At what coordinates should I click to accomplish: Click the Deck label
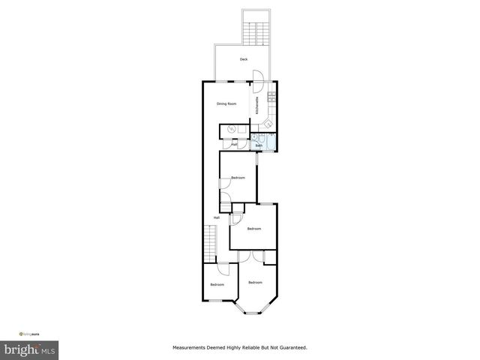243,59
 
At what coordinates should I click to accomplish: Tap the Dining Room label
226,103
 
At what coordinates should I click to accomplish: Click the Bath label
258,146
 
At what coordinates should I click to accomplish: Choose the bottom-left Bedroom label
217,284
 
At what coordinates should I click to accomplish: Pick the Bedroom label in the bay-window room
256,282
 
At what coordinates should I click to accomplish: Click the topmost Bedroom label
238,177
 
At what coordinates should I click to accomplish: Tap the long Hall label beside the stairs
216,217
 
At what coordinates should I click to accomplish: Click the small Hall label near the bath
235,143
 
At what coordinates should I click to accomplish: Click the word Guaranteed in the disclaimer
291,348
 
